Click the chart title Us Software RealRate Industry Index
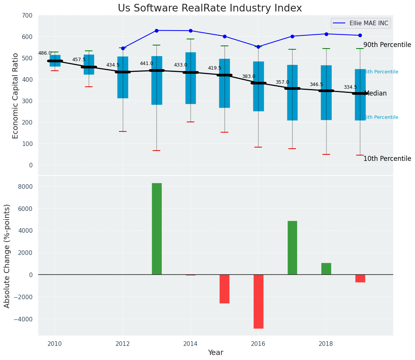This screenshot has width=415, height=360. (x=210, y=8)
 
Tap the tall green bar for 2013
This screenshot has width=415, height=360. (x=157, y=229)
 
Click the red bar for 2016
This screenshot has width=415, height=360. (x=259, y=301)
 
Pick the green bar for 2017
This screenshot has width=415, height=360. (x=292, y=248)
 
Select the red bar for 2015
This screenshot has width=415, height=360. (x=225, y=289)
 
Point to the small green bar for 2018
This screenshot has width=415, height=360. (x=326, y=269)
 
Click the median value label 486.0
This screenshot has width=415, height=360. (x=45, y=53)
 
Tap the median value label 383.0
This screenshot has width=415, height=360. (x=248, y=76)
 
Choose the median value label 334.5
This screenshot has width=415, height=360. (x=350, y=87)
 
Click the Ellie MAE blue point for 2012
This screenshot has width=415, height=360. (x=123, y=48)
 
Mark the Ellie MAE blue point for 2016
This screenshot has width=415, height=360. (x=258, y=47)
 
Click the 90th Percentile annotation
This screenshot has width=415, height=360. (x=387, y=45)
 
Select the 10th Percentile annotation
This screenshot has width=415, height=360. (x=387, y=159)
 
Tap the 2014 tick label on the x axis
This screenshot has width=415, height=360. (x=190, y=344)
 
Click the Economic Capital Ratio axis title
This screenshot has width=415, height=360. (x=16, y=96)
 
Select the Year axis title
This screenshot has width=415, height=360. (x=215, y=352)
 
